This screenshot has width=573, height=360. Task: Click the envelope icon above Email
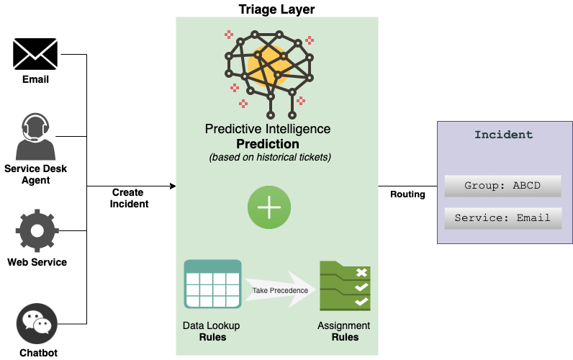pos(35,54)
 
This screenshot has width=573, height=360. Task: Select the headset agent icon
pos(35,137)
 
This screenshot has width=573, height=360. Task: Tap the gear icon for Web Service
pos(36,230)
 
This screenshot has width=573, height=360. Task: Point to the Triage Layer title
pos(276,9)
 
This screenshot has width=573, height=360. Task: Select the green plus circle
pos(269,207)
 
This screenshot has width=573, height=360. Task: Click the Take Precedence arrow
pos(281,289)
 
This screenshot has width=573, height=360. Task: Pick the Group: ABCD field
pos(502,185)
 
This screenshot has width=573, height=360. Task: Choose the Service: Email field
pos(502,217)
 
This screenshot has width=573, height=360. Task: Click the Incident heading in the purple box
pos(503,135)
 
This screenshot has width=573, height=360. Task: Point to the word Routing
pos(407,194)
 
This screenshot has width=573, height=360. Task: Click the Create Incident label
pos(129,198)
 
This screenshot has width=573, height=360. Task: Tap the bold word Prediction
pos(268,144)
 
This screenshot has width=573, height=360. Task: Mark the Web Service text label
pos(37,262)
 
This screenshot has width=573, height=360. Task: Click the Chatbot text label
pos(38,353)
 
